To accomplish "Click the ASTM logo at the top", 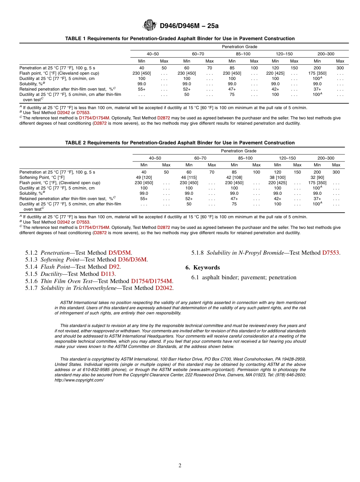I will (x=149, y=25).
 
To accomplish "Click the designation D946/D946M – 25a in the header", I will (x=189, y=26).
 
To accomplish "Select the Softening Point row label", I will (x=42, y=177).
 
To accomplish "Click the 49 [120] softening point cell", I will (x=144, y=177).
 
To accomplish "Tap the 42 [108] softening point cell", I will (x=234, y=177).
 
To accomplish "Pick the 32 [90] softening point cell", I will (x=317, y=177).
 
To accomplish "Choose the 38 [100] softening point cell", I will (x=277, y=177).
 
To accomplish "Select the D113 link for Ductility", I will (x=108, y=274).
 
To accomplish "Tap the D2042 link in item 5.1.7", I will (x=164, y=288).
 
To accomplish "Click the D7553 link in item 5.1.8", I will (x=331, y=252).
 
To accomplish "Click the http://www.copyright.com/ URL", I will (x=79, y=380).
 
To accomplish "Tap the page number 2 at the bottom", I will (x=180, y=466).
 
